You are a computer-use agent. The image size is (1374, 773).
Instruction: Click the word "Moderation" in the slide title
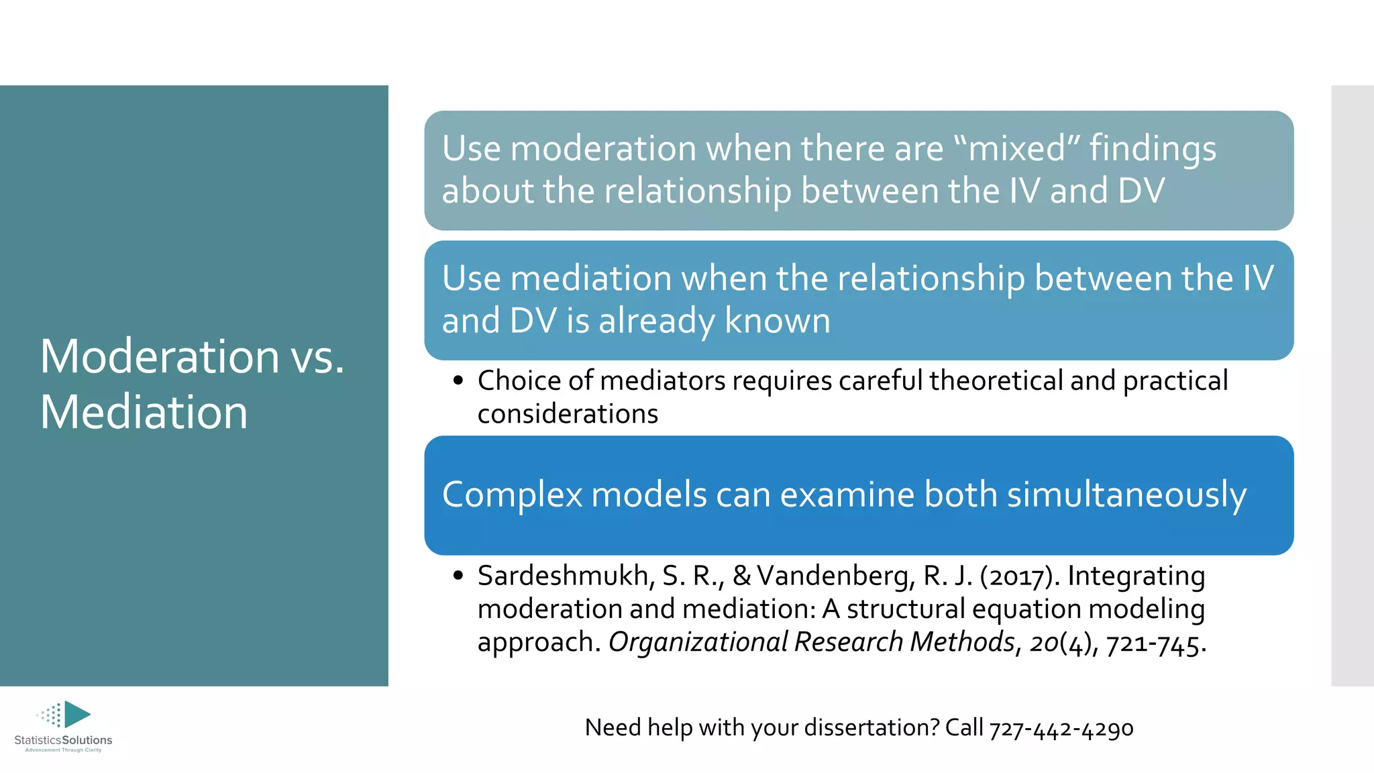[159, 356]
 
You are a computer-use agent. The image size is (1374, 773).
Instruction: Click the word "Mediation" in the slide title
[144, 412]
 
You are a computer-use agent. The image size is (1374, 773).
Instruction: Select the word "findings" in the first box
[1153, 149]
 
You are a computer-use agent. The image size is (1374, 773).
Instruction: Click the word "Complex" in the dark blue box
[512, 495]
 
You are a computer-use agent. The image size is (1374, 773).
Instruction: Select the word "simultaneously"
[1126, 495]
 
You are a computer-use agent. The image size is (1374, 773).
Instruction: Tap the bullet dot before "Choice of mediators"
[458, 381]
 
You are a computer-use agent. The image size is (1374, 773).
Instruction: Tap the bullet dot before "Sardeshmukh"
[458, 576]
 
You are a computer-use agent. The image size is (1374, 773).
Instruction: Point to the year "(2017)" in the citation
[1020, 576]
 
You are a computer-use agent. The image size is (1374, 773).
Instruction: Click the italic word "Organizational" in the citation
[698, 642]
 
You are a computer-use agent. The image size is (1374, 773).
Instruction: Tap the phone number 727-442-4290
[1061, 728]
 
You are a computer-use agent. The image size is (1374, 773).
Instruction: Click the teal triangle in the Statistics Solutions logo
[76, 714]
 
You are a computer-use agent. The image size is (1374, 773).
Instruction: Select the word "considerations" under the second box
[568, 414]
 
